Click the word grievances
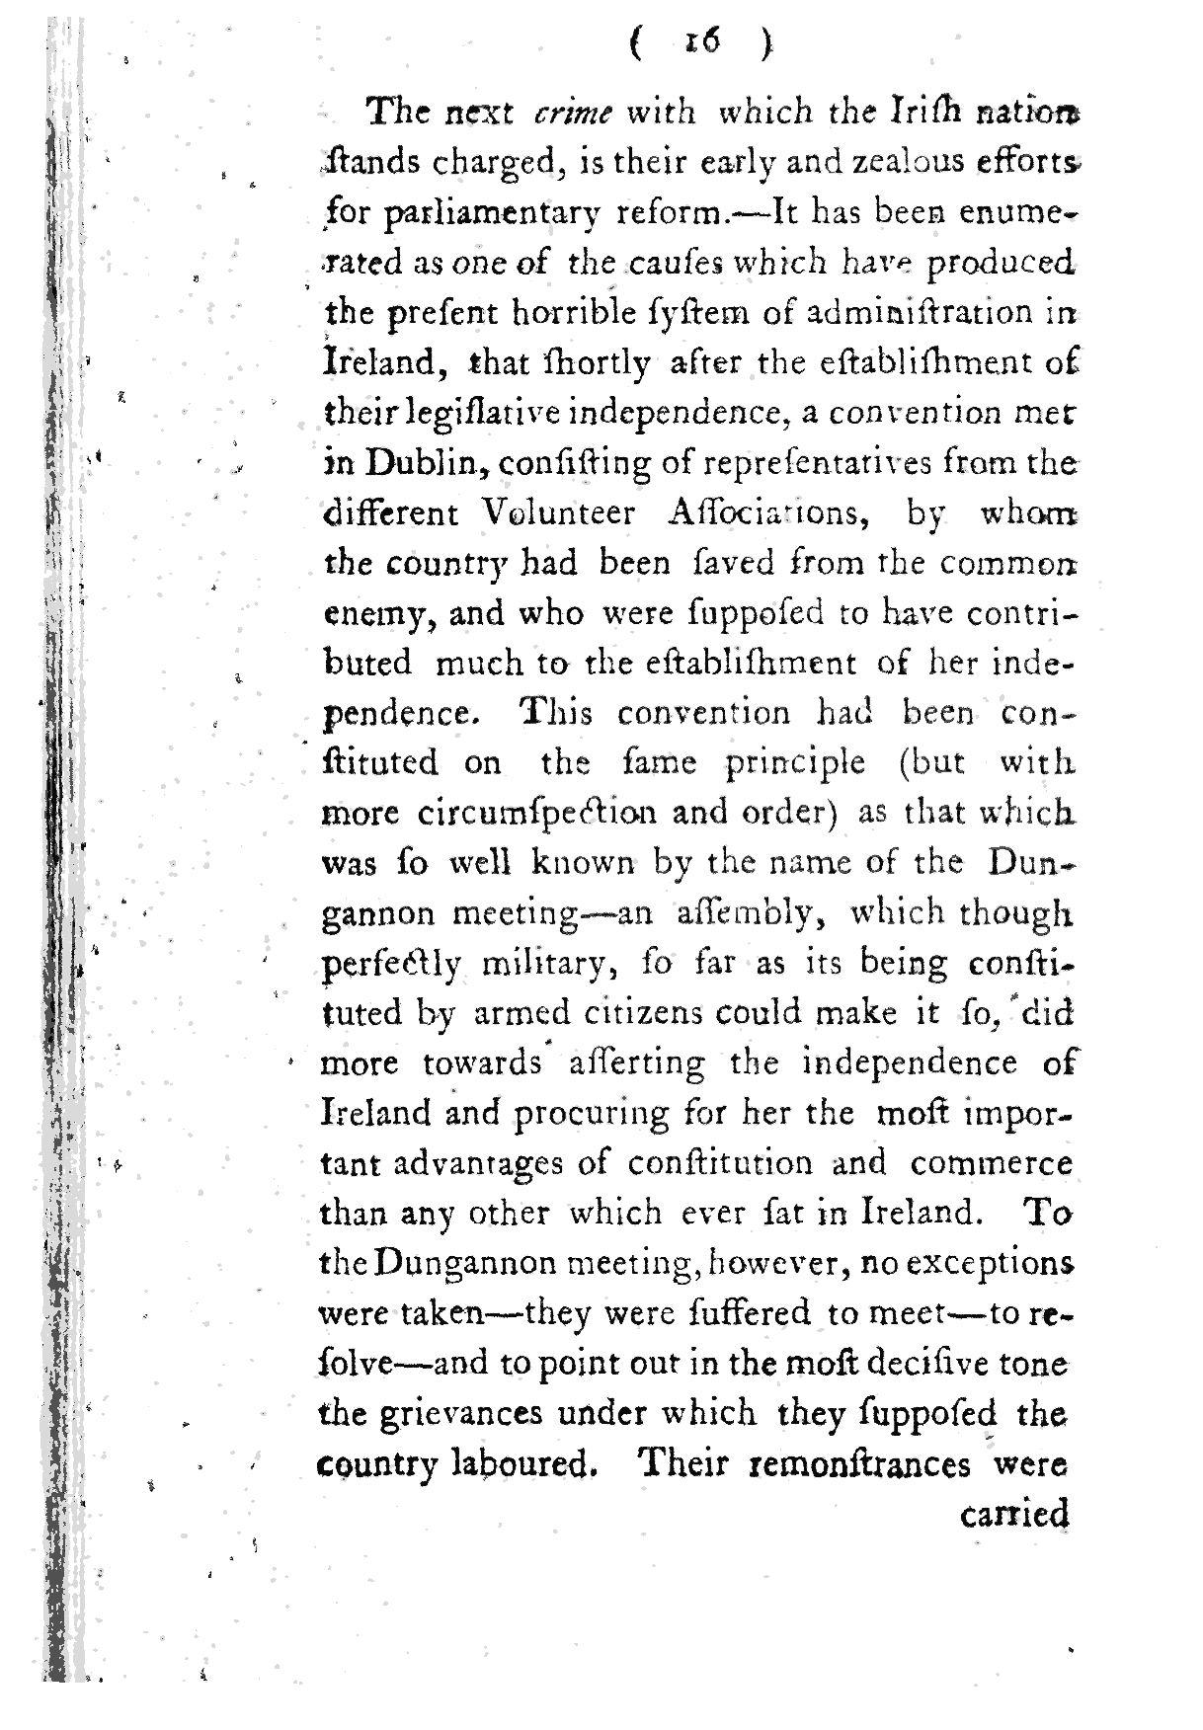point(432,1413)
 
